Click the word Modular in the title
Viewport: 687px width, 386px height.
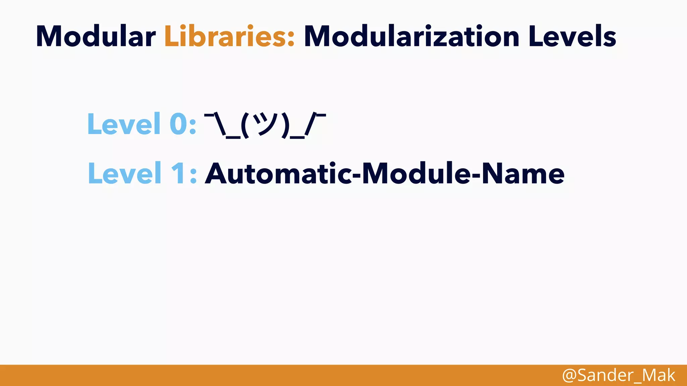pos(96,36)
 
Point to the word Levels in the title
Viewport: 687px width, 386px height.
pos(572,36)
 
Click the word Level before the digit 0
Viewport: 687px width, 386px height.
pos(124,124)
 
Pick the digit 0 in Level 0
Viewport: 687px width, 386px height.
pos(178,124)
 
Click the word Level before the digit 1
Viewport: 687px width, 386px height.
pos(124,173)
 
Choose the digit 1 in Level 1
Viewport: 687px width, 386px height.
pos(178,173)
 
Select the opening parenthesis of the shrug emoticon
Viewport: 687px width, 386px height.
pos(245,126)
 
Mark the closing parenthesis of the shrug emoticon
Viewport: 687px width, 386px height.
pos(285,126)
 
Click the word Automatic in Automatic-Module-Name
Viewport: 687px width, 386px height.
pos(278,173)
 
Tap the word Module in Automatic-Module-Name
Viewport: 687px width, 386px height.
pos(416,173)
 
